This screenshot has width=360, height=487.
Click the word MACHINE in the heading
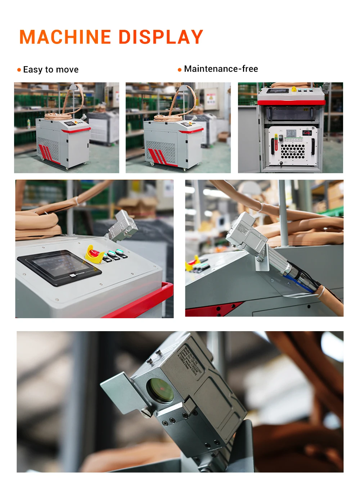tap(65, 37)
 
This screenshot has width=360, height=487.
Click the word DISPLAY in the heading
tap(161, 37)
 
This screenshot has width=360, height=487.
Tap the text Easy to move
tap(51, 69)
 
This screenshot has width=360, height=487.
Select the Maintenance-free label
tap(221, 69)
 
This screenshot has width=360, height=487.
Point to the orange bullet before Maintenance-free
tap(180, 69)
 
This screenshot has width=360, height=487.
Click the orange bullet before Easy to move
tap(19, 70)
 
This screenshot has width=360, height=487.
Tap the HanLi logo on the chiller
tap(292, 152)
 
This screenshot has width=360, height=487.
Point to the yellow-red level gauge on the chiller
tap(276, 143)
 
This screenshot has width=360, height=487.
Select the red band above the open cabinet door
tap(291, 103)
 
